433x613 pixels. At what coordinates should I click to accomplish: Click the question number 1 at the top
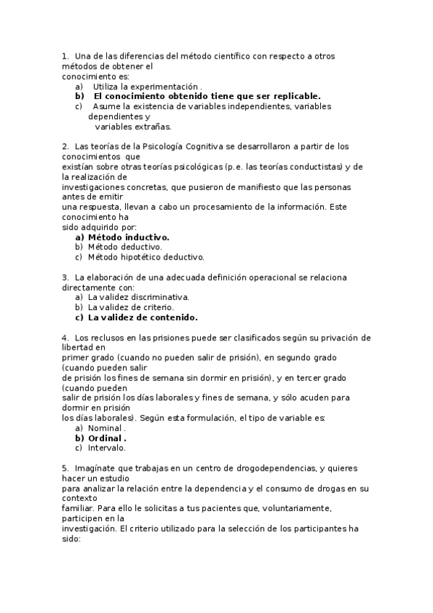pos(65,56)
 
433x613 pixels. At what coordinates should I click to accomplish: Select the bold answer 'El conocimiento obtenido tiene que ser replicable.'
pos(207,96)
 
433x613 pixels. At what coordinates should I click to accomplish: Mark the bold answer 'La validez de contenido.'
pos(142,317)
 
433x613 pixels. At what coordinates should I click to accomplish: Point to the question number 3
pos(65,277)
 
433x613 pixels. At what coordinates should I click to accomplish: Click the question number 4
pos(65,338)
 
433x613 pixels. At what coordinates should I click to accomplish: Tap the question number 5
pos(65,468)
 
